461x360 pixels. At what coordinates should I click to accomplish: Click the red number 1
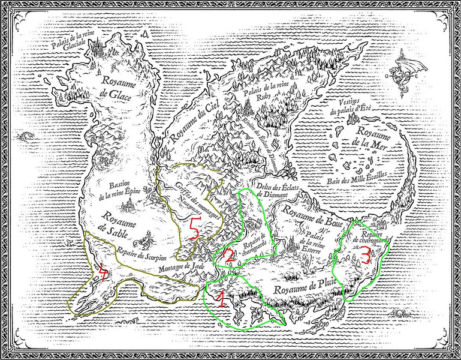click(220, 298)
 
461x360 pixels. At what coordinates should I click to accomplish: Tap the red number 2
click(228, 255)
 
